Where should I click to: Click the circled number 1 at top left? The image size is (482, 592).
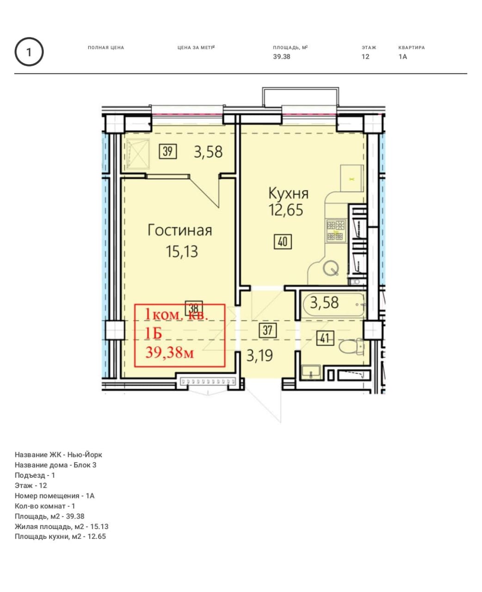click(x=29, y=52)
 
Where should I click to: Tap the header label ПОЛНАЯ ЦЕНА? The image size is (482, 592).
click(x=105, y=48)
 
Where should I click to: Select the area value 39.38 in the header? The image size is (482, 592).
click(x=281, y=57)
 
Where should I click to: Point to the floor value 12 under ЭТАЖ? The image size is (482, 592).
click(x=365, y=57)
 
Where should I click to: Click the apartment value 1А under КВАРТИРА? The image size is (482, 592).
click(x=402, y=57)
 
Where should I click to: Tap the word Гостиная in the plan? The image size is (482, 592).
click(x=179, y=230)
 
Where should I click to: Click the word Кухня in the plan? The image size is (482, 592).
click(x=288, y=193)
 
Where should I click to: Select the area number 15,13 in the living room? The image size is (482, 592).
click(x=182, y=252)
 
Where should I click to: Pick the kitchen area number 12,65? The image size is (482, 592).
click(x=285, y=210)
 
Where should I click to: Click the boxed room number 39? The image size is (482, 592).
click(x=167, y=151)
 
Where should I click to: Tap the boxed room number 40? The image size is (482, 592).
click(x=283, y=241)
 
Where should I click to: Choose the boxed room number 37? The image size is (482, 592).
click(x=267, y=330)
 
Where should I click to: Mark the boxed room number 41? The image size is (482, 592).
click(x=325, y=338)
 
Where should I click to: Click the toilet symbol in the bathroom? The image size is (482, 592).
click(x=352, y=346)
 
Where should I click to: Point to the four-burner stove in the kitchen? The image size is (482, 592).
click(x=336, y=230)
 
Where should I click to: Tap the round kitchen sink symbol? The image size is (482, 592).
click(x=331, y=268)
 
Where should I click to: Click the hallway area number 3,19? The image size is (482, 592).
click(x=260, y=355)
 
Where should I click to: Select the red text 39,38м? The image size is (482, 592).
click(x=170, y=353)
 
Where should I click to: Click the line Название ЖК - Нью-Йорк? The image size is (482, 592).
click(x=58, y=455)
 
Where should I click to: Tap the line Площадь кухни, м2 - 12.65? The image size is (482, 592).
click(x=60, y=536)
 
